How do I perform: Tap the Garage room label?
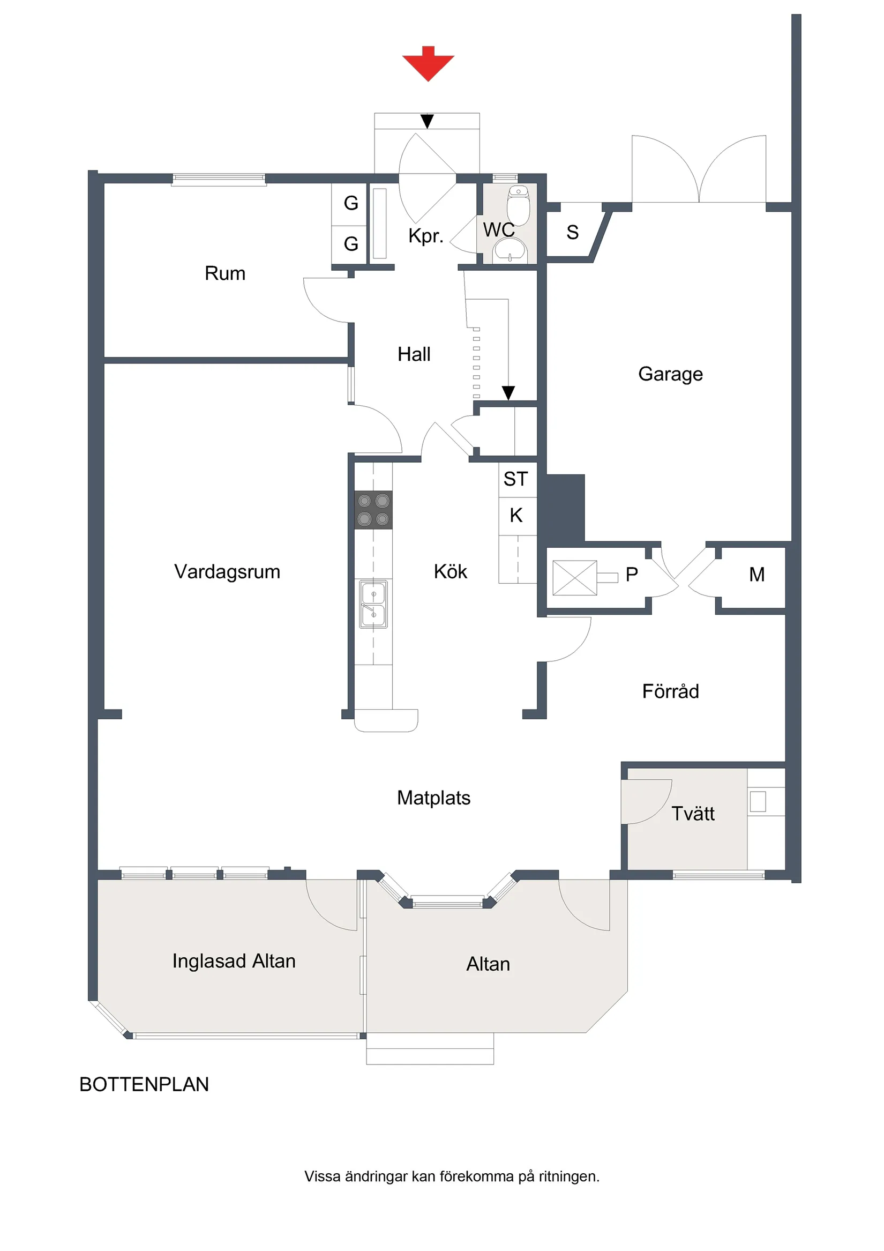click(x=670, y=374)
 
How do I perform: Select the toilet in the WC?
click(x=518, y=205)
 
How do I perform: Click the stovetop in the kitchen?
click(x=373, y=509)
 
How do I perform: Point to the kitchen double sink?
click(x=373, y=604)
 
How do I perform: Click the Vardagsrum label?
click(x=227, y=571)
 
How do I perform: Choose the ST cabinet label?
click(x=515, y=479)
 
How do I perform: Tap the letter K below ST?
click(x=516, y=515)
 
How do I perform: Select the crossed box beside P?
click(x=575, y=578)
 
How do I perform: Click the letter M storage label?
click(x=756, y=574)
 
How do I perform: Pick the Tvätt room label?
click(x=692, y=814)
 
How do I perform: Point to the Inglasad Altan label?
click(x=234, y=960)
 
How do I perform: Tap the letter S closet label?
click(x=572, y=233)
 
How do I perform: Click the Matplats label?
click(x=433, y=798)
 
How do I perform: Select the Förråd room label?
click(x=670, y=691)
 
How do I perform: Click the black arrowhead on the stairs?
click(x=508, y=392)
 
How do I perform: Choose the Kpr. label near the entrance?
click(x=426, y=236)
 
